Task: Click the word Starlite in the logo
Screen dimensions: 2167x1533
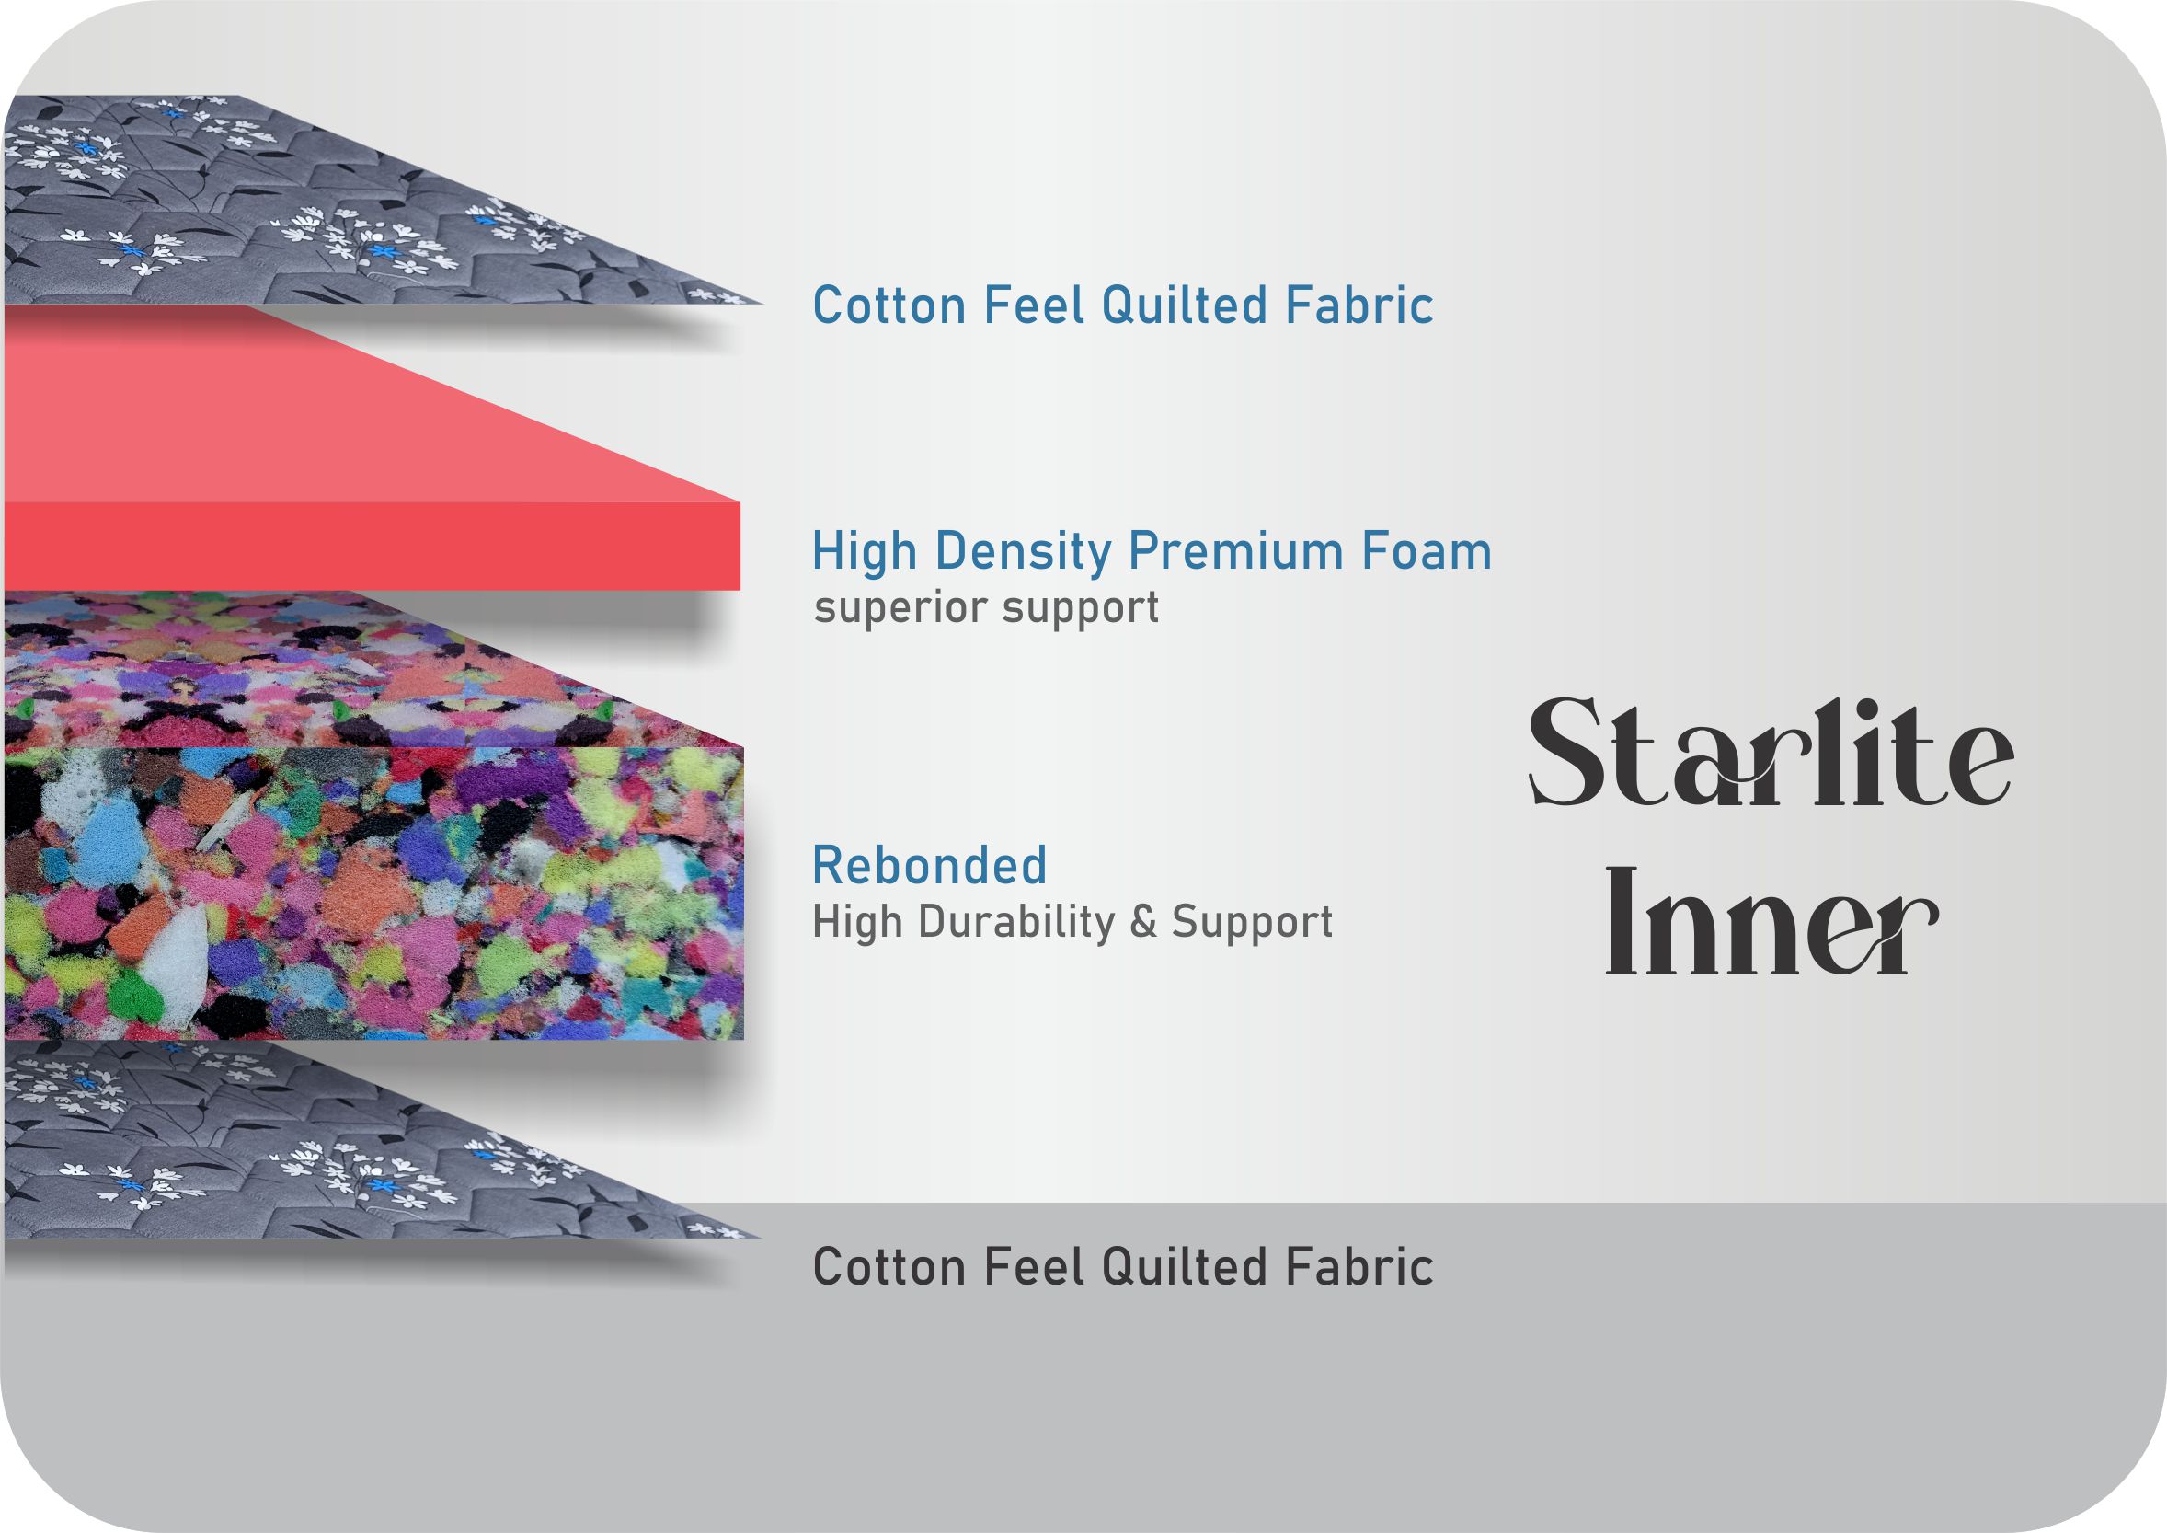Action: (x=1771, y=753)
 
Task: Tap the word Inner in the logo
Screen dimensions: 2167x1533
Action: (x=1771, y=919)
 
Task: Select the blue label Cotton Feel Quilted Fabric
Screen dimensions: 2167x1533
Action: (x=1123, y=305)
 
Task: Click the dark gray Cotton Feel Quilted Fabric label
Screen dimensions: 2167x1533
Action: (x=1123, y=1266)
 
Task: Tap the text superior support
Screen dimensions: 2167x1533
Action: (x=986, y=608)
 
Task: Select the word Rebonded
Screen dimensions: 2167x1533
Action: (x=930, y=865)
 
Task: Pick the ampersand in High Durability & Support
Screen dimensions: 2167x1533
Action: (x=1143, y=921)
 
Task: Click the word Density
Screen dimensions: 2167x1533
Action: (x=1024, y=552)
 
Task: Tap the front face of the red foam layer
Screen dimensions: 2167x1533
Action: (x=372, y=546)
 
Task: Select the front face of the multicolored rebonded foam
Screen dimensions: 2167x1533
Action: (x=373, y=893)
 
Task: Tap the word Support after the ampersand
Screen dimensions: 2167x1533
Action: (x=1252, y=922)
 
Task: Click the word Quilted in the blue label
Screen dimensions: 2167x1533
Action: (x=1184, y=305)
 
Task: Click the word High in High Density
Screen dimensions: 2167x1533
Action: (x=865, y=552)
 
